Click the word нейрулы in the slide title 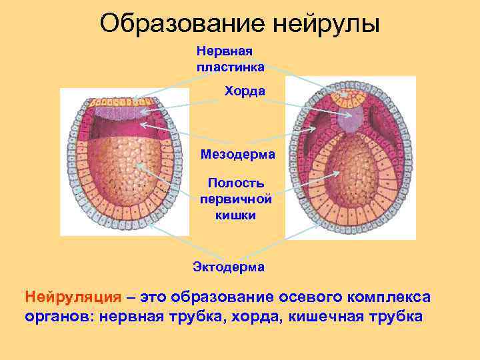click(326, 24)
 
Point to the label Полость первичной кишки click(235, 199)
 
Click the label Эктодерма click(229, 267)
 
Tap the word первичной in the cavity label click(235, 199)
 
